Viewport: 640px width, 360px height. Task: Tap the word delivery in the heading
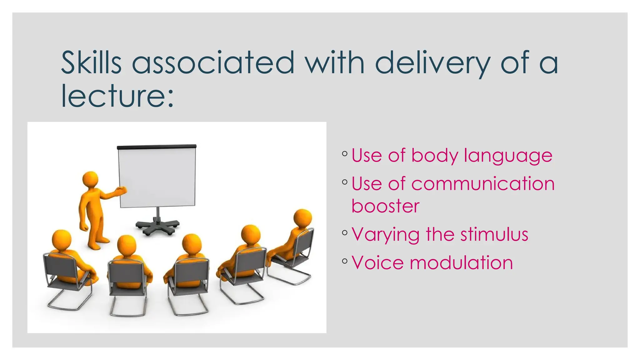(432, 63)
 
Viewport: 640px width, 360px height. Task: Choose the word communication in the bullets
(483, 183)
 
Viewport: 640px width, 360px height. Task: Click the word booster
(385, 206)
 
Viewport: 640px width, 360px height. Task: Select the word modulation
(461, 262)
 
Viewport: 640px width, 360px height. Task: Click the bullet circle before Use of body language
(345, 153)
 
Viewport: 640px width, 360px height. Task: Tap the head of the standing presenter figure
(90, 179)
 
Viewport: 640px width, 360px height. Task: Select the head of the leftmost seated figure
(62, 239)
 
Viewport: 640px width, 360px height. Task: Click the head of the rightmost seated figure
(303, 218)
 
